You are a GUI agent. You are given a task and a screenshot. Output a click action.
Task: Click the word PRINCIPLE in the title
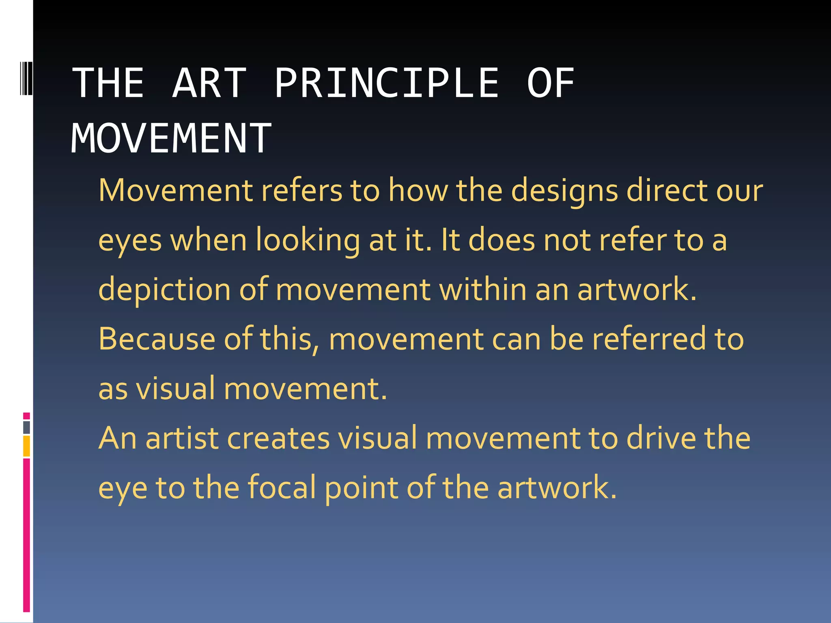[x=386, y=83]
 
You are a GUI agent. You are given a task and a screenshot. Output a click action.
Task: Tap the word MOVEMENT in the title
[x=171, y=139]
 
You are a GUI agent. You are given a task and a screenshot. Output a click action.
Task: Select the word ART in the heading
[x=209, y=83]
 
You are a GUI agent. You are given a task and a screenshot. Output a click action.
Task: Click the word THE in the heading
[x=108, y=83]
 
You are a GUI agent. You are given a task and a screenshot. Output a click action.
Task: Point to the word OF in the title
[x=550, y=83]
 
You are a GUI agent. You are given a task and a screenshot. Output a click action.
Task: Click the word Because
[x=157, y=339]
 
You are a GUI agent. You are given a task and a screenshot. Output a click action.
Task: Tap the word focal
[x=282, y=488]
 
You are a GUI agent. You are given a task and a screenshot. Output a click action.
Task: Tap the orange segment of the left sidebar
[x=26, y=446]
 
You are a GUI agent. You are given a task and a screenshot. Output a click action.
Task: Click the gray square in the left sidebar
[x=26, y=427]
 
